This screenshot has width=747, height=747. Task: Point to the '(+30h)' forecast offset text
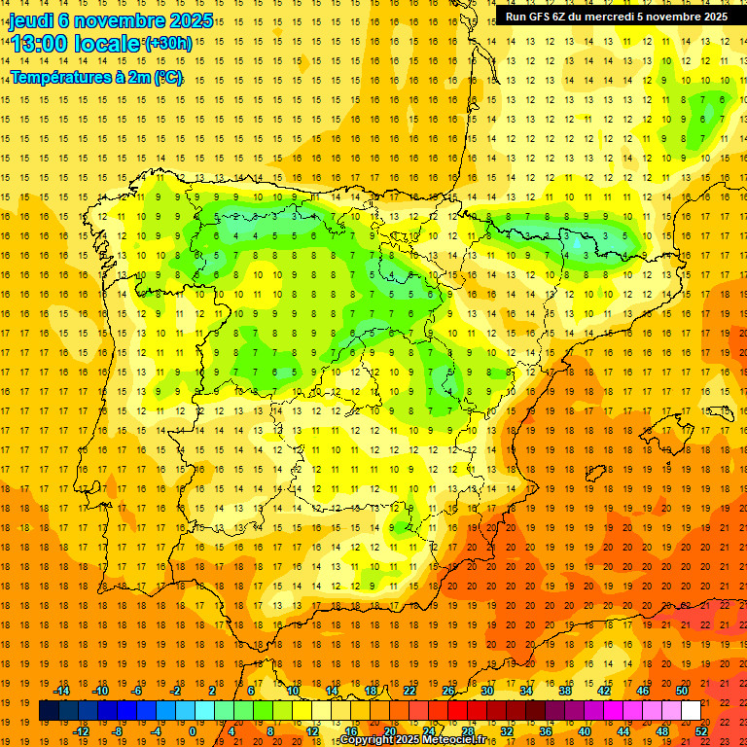tap(168, 44)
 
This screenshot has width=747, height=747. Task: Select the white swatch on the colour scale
tap(691, 711)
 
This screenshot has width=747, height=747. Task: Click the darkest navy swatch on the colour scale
tap(49, 711)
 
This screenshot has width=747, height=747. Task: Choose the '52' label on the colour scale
tap(702, 731)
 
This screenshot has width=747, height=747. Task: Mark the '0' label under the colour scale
tap(193, 731)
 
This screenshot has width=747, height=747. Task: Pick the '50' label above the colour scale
tap(681, 691)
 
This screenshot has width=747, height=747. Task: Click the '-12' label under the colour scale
tap(81, 731)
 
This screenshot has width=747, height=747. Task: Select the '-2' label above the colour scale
tap(176, 691)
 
